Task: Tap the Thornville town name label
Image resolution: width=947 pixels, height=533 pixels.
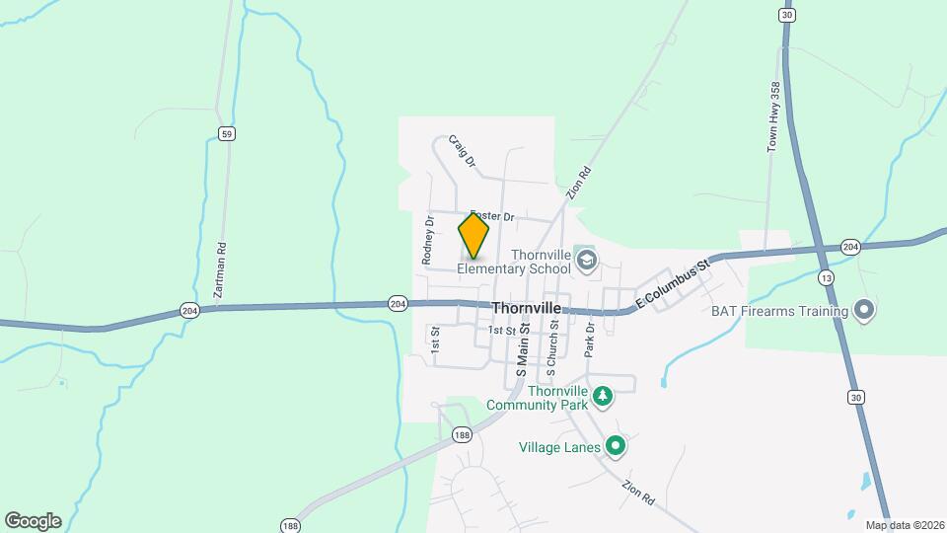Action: click(526, 308)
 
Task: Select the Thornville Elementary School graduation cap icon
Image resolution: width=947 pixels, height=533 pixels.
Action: click(587, 261)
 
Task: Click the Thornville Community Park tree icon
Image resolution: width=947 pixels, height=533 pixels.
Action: click(603, 397)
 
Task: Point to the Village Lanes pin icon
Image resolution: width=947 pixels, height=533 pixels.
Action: click(616, 447)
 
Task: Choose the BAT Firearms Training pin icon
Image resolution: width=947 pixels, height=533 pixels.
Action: click(864, 311)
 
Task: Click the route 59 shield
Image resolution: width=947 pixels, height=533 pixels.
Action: click(227, 134)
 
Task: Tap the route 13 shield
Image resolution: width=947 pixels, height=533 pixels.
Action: click(827, 279)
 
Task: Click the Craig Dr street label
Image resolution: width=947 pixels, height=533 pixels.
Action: click(462, 151)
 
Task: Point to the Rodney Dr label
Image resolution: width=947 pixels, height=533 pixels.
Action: click(428, 240)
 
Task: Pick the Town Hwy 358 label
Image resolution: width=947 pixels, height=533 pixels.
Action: click(774, 116)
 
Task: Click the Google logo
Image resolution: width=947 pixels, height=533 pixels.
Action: click(33, 521)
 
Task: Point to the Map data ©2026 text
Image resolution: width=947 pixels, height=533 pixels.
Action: click(905, 525)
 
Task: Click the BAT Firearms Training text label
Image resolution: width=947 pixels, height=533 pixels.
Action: click(780, 312)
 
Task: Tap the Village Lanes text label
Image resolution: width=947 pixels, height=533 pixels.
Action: click(558, 447)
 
